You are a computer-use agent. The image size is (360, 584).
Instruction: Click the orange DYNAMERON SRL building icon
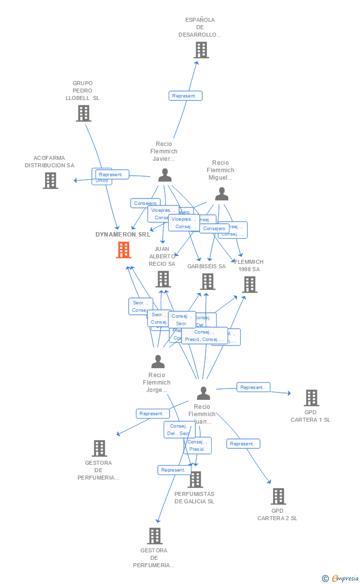coord(123,250)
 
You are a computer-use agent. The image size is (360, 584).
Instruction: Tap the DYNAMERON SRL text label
coord(123,235)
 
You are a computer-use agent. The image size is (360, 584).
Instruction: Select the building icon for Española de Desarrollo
coord(201,50)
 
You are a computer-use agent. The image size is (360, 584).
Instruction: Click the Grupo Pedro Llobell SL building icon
coord(83,113)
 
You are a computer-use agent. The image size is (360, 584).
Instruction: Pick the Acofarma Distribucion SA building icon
coord(50,181)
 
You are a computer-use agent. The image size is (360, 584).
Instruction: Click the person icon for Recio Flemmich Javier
coord(165,175)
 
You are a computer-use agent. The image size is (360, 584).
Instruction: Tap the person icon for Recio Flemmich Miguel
coord(222,194)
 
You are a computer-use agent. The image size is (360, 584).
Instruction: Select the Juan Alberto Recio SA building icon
coord(163,279)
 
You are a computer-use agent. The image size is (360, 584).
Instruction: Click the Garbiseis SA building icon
coord(207,282)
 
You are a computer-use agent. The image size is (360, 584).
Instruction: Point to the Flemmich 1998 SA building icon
coord(250,285)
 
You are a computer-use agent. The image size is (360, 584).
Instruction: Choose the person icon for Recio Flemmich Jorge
coord(158,362)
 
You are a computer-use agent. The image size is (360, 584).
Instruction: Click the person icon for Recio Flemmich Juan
coord(203,393)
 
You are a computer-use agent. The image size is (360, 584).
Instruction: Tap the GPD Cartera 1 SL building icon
coord(311,398)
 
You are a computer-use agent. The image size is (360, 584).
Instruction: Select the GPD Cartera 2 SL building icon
coord(278,496)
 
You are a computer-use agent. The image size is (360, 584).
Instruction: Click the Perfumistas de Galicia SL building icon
coord(195,480)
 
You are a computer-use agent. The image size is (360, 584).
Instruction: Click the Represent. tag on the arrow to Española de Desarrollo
coord(185,96)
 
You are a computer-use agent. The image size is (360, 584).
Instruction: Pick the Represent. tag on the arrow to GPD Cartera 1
coord(253,388)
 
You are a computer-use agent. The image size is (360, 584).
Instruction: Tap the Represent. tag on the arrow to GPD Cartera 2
coord(243,444)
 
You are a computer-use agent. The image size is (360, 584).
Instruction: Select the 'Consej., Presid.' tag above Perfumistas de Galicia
coord(197,445)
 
